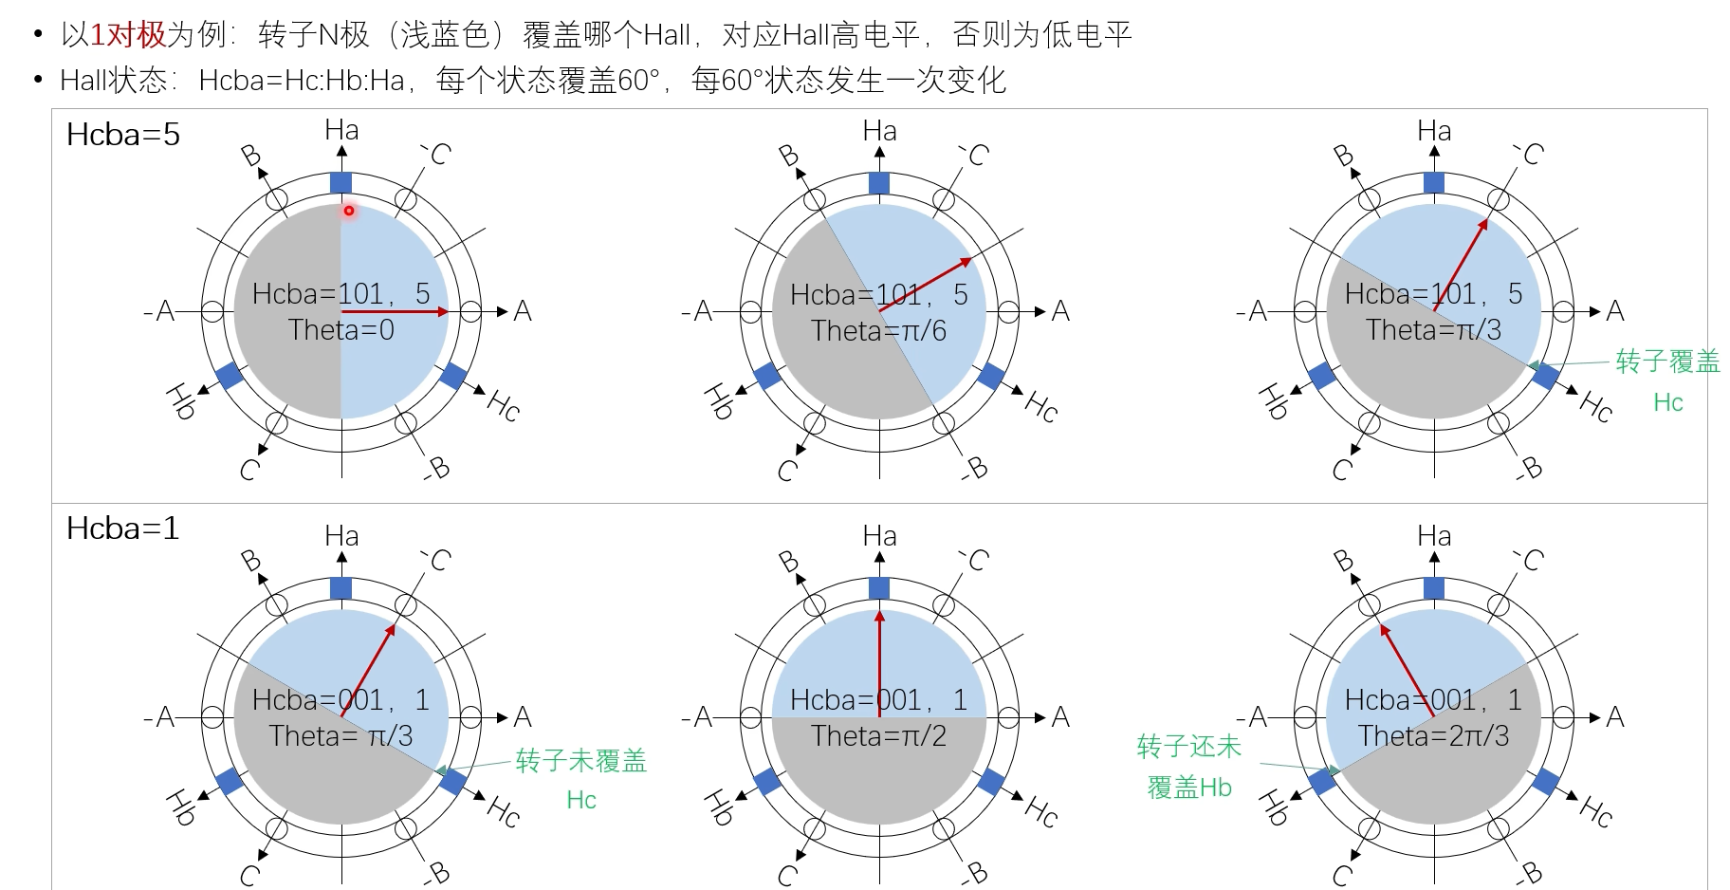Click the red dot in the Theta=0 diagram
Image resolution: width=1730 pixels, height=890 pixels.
(x=349, y=211)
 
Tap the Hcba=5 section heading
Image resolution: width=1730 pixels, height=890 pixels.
(x=123, y=135)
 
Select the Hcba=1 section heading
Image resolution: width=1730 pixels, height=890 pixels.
(x=122, y=528)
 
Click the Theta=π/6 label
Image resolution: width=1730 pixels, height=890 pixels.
(x=878, y=331)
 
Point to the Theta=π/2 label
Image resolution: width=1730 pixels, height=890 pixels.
(x=878, y=736)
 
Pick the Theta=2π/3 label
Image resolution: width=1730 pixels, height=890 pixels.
(x=1432, y=736)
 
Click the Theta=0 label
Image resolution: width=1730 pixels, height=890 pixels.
(x=340, y=330)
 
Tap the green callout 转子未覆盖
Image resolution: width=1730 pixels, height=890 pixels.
(x=580, y=761)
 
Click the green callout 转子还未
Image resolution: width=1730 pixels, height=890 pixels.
(x=1188, y=747)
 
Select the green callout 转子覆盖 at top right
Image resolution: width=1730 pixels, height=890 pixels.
(x=1667, y=362)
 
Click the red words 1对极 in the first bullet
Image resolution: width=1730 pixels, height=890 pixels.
(x=128, y=35)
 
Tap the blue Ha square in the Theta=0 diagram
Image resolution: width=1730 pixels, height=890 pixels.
(x=340, y=183)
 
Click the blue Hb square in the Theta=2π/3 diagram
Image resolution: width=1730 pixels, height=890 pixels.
(x=1322, y=781)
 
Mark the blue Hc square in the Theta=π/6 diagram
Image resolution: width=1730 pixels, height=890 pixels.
(x=991, y=376)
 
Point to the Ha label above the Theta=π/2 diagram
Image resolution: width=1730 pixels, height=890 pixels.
(x=879, y=536)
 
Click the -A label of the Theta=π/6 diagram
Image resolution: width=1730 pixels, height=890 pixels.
(x=702, y=311)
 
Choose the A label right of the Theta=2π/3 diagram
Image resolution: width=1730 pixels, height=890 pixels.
(x=1615, y=716)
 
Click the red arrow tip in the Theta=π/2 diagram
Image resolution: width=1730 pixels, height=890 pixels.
(x=879, y=616)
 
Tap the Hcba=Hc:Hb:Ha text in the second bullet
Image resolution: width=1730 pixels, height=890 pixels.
(x=302, y=81)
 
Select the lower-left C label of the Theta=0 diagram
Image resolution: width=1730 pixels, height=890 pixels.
(x=249, y=470)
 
